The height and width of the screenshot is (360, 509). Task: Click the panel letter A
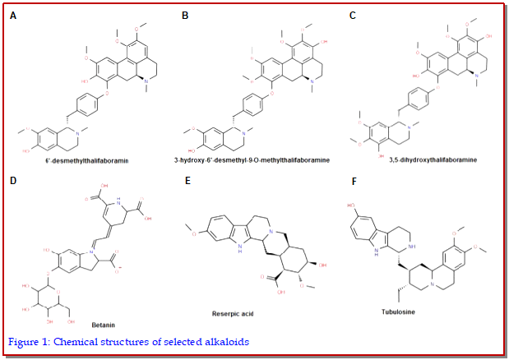click(x=12, y=15)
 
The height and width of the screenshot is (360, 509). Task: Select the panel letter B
click(x=185, y=15)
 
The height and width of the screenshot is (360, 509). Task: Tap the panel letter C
click(x=354, y=15)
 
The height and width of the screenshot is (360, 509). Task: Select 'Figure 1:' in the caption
click(x=29, y=340)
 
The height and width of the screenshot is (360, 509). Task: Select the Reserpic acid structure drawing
click(x=255, y=247)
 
